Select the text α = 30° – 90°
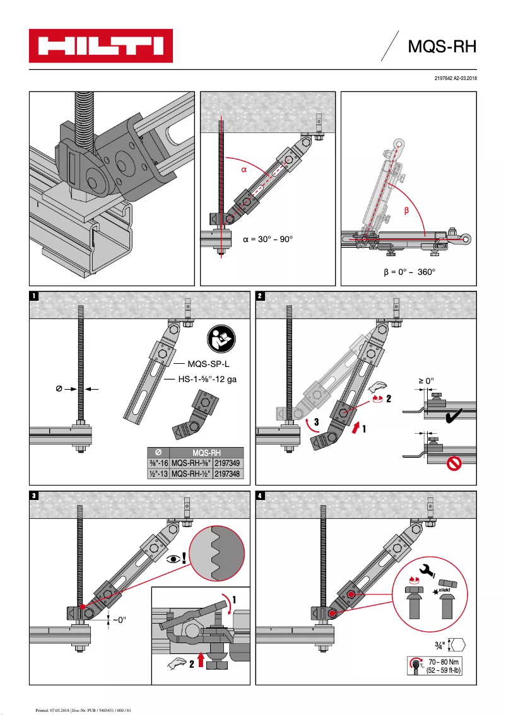[x=268, y=240]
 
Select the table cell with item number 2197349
[x=228, y=463]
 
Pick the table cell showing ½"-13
[x=157, y=474]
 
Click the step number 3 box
[x=34, y=496]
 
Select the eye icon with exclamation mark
[x=177, y=558]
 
